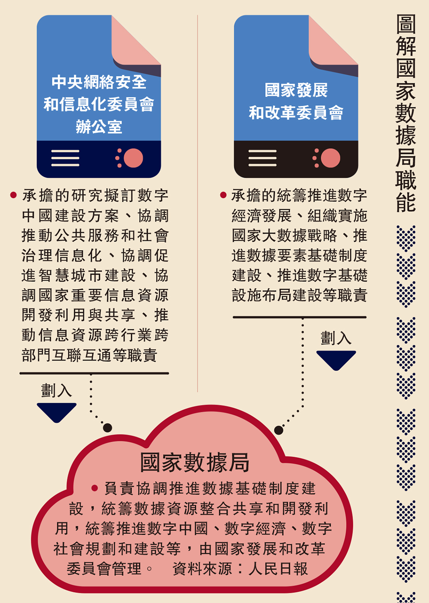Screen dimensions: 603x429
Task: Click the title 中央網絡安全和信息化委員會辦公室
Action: [99, 104]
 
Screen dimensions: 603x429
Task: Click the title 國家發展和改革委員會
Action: [296, 101]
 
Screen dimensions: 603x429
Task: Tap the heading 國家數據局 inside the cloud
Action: [195, 462]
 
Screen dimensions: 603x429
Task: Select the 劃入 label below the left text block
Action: [56, 390]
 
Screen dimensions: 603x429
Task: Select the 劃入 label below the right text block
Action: [336, 338]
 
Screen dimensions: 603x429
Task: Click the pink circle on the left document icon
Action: [133, 158]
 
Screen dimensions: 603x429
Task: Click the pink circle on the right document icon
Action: [330, 158]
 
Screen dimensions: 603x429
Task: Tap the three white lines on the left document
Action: [65, 158]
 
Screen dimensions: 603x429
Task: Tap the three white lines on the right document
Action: [262, 158]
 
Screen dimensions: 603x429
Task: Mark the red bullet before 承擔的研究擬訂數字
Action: [13, 195]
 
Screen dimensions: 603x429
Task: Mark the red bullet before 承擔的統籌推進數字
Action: [223, 195]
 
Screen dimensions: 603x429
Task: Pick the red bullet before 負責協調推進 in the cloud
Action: [95, 488]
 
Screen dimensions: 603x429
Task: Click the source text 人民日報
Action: [278, 569]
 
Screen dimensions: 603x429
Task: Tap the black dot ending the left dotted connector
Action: [107, 428]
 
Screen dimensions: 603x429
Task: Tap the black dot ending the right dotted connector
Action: [278, 430]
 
